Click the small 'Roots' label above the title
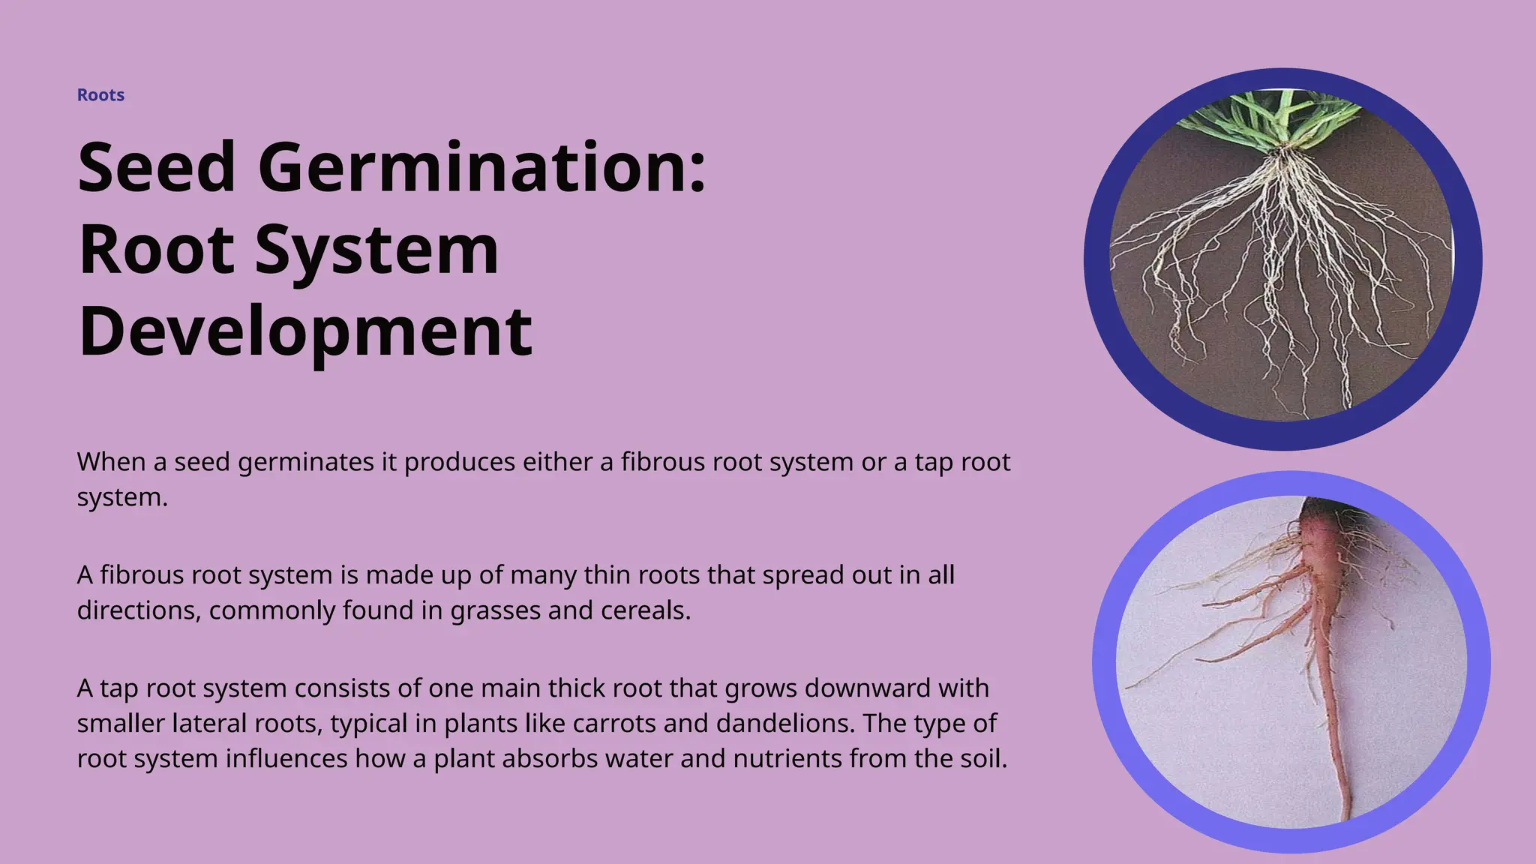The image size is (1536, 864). [100, 95]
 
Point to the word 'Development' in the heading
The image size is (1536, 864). [305, 331]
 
